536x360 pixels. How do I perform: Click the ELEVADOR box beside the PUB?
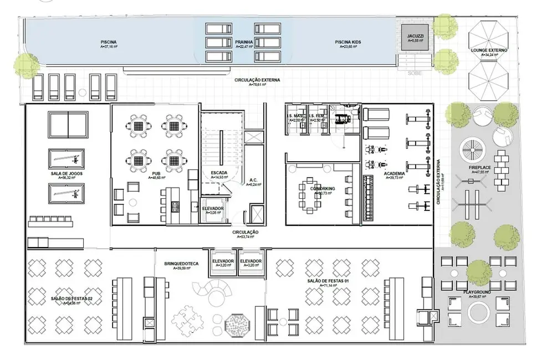pyautogui.click(x=213, y=210)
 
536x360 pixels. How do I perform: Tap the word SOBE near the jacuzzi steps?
pyautogui.click(x=414, y=73)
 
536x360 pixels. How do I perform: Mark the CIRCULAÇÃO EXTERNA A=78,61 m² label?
pyautogui.click(x=257, y=82)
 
